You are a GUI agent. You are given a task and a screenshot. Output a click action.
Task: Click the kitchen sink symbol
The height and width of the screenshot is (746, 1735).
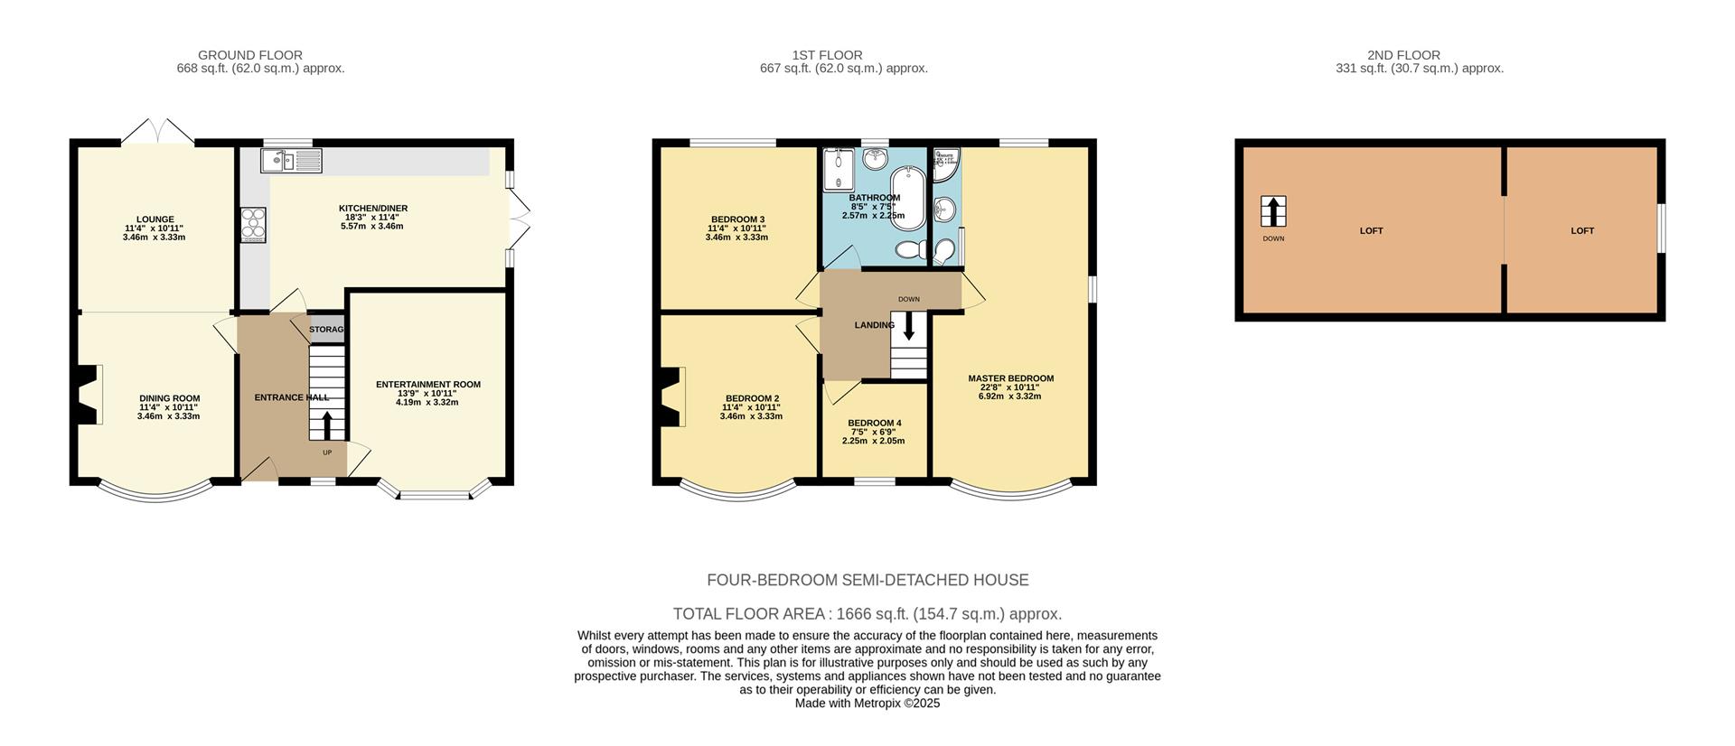click(x=291, y=161)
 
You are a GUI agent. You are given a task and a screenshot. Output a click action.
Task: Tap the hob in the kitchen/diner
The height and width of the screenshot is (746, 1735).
click(x=253, y=225)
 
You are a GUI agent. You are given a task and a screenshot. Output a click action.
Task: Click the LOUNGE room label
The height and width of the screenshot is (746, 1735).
click(x=155, y=219)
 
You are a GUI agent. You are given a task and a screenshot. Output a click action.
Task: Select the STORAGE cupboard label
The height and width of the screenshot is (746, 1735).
click(x=326, y=330)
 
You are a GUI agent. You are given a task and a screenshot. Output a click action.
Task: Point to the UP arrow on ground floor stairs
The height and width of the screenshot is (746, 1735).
click(x=327, y=425)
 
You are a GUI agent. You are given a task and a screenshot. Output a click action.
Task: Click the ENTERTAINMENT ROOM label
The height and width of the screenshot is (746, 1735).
click(x=428, y=385)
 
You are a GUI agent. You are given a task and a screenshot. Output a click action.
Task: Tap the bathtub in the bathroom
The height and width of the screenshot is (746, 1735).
click(x=906, y=198)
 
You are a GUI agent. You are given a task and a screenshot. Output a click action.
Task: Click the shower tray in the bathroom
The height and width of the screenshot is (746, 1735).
click(x=837, y=170)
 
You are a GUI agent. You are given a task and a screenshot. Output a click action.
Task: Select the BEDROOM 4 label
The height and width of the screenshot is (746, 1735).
click(x=874, y=423)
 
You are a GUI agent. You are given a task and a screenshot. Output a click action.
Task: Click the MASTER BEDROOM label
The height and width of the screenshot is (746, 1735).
click(x=1010, y=378)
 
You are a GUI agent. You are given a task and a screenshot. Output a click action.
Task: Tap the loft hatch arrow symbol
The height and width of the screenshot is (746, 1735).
click(x=1272, y=212)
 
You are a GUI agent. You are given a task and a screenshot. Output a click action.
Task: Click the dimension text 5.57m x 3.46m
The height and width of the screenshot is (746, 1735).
click(x=371, y=226)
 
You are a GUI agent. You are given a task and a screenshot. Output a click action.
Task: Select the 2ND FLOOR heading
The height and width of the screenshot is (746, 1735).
click(x=1403, y=55)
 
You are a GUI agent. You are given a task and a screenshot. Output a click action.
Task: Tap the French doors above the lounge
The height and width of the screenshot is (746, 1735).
click(x=157, y=132)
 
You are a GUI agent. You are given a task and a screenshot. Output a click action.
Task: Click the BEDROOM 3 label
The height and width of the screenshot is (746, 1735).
click(x=737, y=219)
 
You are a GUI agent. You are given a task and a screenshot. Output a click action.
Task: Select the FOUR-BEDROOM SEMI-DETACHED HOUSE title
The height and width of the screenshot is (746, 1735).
click(x=867, y=580)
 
